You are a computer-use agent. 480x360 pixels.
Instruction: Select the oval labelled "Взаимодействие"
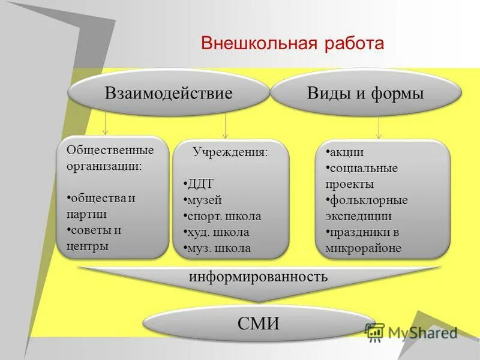click(169, 93)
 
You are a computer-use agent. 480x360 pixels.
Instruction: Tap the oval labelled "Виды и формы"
click(365, 93)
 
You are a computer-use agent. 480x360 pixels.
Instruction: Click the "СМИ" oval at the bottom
click(259, 323)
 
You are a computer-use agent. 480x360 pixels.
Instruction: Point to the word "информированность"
click(259, 277)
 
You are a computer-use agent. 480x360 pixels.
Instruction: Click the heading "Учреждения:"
click(230, 152)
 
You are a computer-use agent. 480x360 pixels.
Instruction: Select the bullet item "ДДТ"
click(200, 184)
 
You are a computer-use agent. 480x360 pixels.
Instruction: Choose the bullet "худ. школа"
click(218, 232)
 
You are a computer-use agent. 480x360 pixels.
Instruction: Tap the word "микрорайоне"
click(364, 248)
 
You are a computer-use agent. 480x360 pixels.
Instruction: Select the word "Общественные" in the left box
click(110, 149)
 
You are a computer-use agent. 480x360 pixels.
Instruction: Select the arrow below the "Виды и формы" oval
click(379, 127)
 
